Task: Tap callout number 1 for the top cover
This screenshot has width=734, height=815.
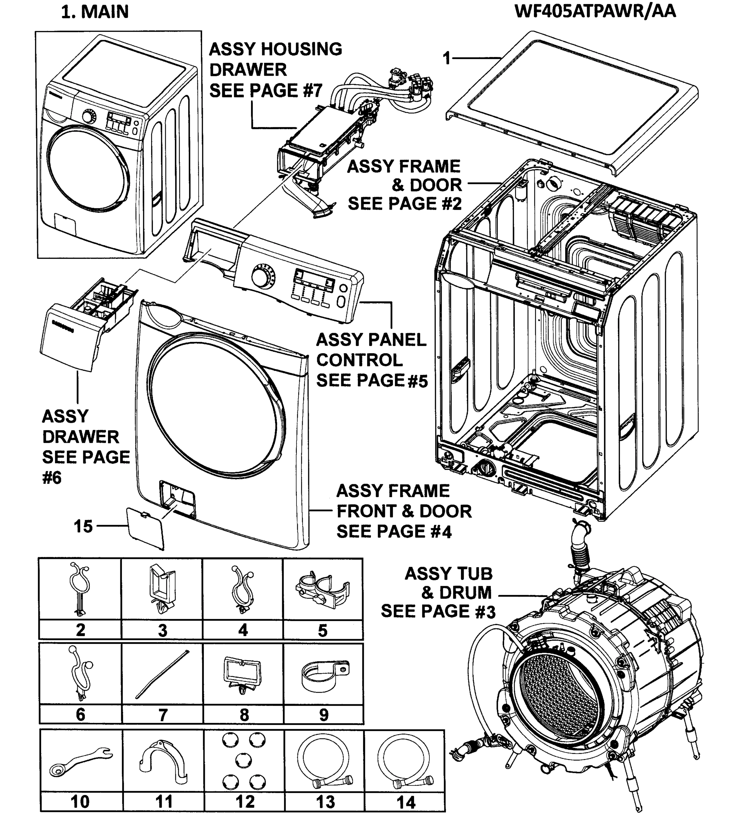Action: click(x=446, y=58)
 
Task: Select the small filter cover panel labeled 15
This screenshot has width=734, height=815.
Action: click(x=145, y=528)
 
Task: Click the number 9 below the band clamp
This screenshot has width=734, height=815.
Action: click(x=323, y=714)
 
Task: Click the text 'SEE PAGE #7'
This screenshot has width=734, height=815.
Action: click(x=266, y=90)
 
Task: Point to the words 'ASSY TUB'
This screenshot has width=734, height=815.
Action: click(x=448, y=574)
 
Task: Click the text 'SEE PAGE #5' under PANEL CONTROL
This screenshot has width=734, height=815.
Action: click(x=372, y=380)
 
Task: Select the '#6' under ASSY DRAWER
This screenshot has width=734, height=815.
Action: click(x=52, y=478)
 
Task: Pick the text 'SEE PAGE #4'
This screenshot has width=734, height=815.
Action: click(x=394, y=531)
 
